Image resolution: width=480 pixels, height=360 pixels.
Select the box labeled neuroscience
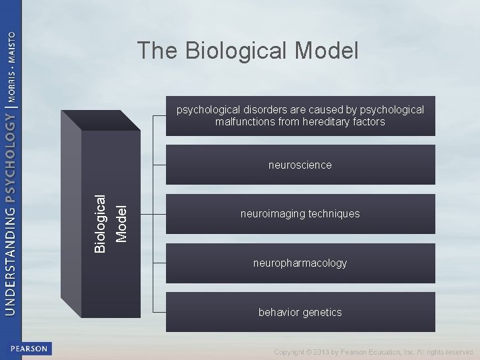tap(300, 165)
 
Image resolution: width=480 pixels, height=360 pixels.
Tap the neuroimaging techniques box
tap(300, 214)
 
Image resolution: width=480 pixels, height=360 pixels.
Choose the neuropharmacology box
tap(300, 263)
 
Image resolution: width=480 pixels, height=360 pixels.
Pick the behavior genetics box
tap(300, 312)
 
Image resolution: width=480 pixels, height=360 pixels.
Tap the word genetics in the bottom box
tap(321, 312)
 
